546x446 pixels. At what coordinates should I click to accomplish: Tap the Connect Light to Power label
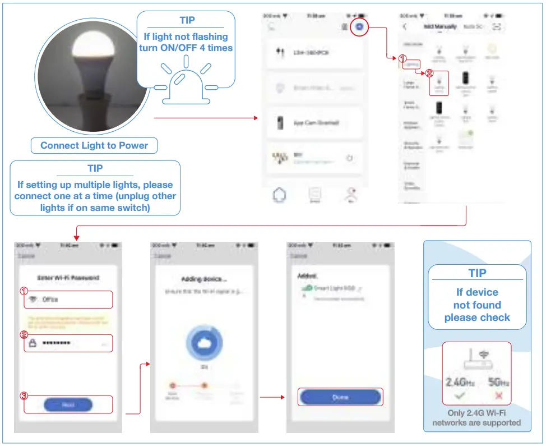tap(94, 145)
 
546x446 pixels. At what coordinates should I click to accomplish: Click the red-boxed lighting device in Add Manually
tap(439, 83)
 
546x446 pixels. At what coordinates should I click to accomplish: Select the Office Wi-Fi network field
tap(68, 300)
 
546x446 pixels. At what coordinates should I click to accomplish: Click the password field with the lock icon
tap(68, 343)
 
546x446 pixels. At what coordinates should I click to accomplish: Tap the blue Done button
tap(340, 397)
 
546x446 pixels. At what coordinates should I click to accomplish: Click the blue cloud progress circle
tap(204, 343)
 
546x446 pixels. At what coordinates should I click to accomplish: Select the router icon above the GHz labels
tap(477, 360)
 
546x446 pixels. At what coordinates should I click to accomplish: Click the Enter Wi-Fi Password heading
tap(68, 278)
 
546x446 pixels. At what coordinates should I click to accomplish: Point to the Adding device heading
tap(204, 279)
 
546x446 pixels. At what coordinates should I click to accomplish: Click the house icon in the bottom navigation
tap(279, 195)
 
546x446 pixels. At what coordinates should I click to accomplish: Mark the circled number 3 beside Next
tap(24, 396)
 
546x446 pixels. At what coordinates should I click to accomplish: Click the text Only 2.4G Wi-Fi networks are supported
tap(476, 418)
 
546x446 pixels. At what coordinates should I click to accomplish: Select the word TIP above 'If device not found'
tap(477, 273)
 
